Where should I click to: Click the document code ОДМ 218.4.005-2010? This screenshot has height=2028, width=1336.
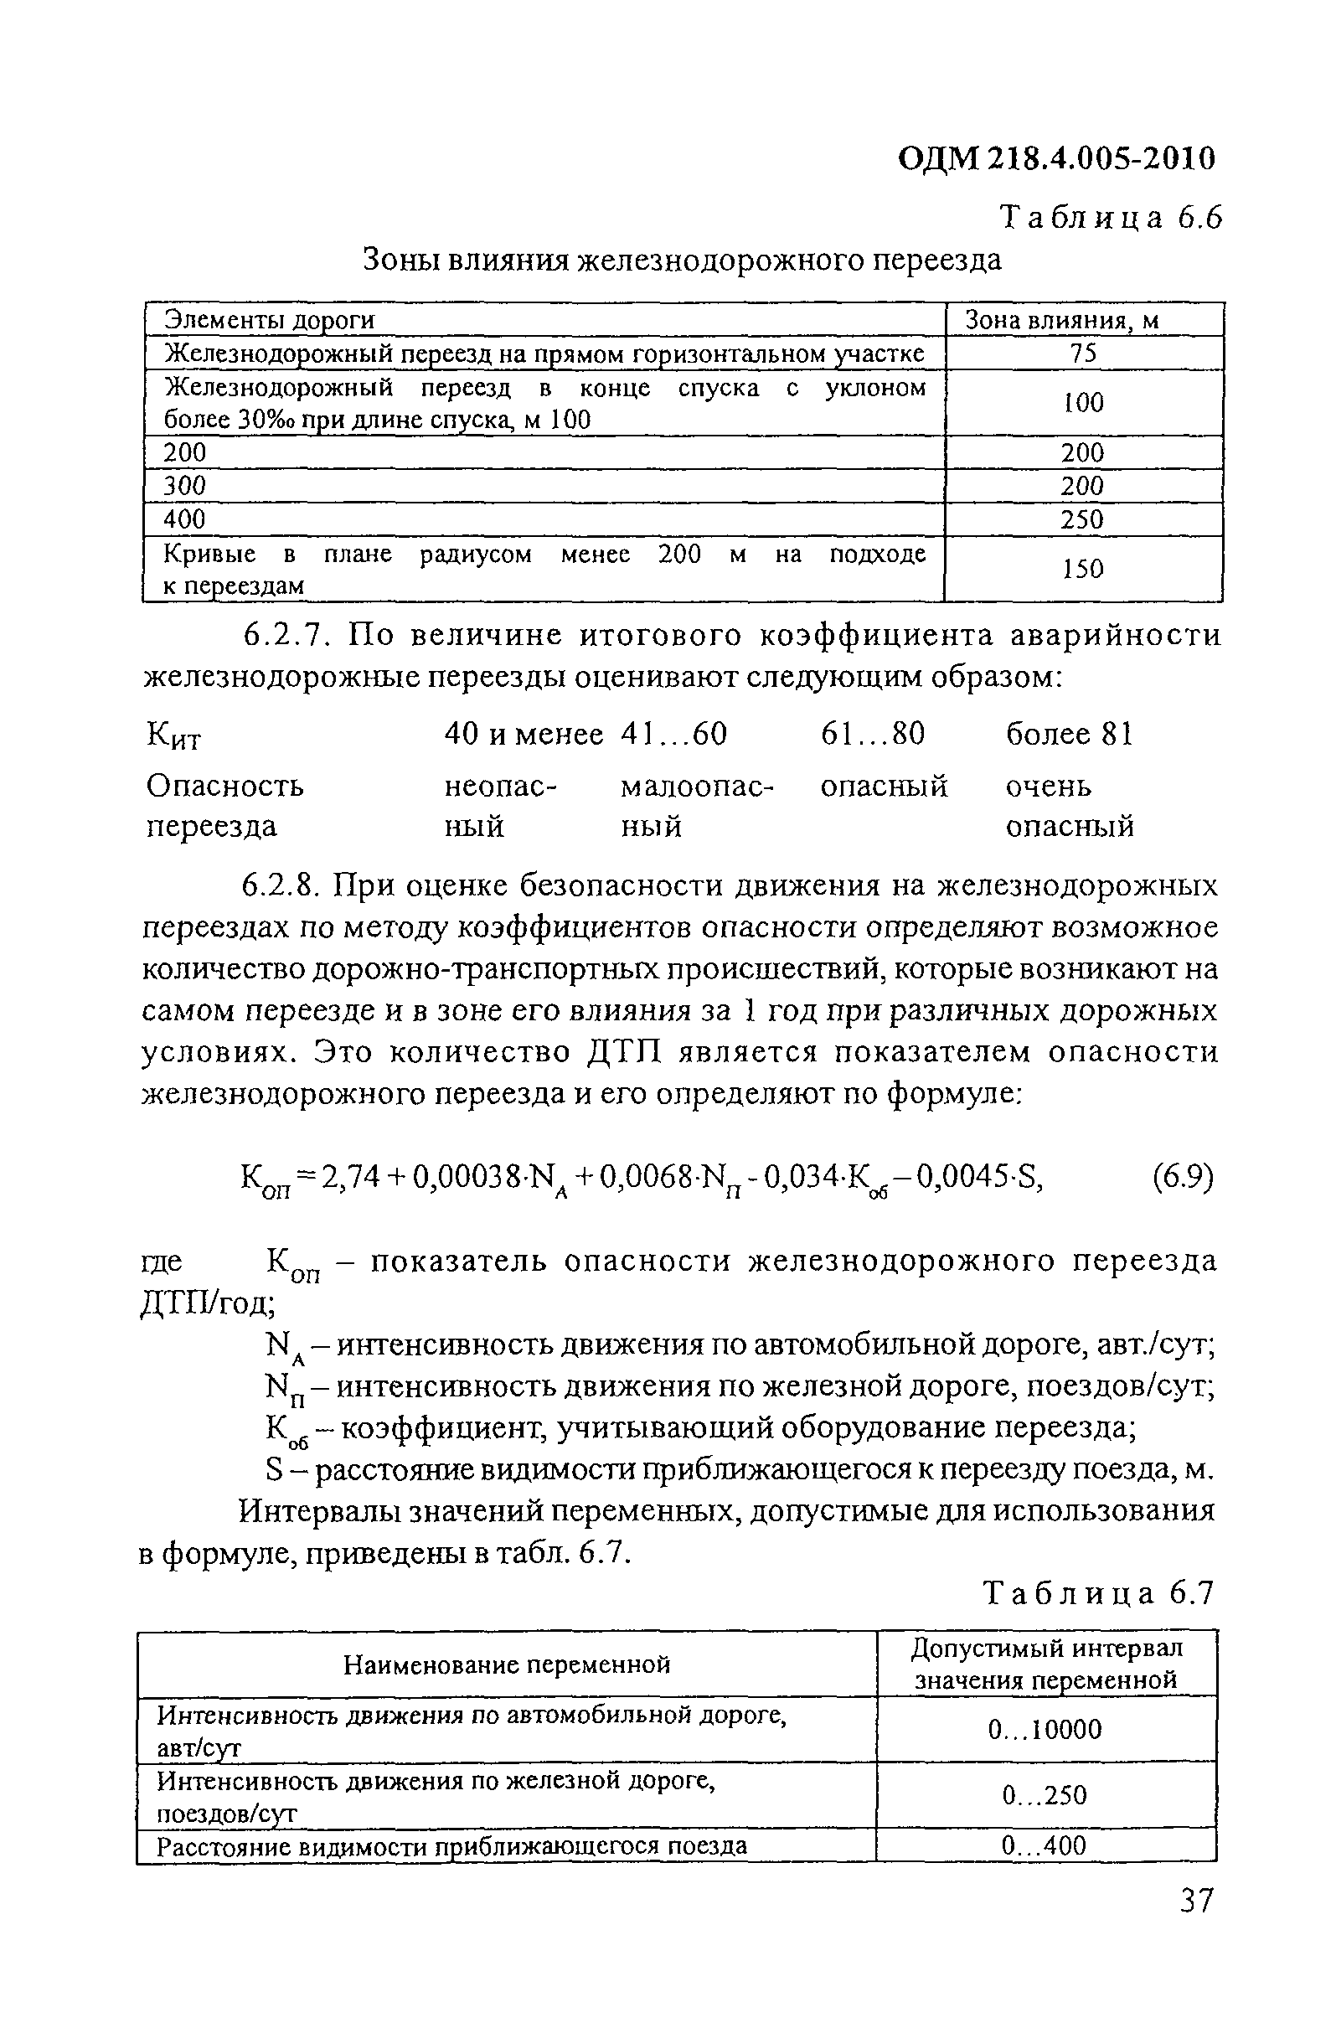[1056, 157]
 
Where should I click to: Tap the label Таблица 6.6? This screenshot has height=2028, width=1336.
[1111, 219]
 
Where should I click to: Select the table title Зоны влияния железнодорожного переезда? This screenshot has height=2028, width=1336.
[682, 259]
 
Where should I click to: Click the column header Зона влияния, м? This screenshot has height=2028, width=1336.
[1060, 320]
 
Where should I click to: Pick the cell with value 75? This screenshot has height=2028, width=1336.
[1083, 353]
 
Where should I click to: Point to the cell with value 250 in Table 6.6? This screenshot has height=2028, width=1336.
[1082, 519]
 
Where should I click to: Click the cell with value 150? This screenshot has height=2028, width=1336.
[1083, 568]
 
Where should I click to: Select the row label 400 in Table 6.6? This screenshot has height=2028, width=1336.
[185, 519]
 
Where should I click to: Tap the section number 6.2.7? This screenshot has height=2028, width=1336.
[286, 636]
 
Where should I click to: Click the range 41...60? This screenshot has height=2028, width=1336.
[674, 734]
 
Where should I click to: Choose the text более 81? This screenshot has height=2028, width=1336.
[1070, 734]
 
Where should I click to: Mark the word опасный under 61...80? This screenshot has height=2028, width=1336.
[884, 785]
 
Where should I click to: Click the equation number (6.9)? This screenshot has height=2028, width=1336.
[1182, 1178]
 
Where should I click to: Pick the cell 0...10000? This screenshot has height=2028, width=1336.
[1045, 1729]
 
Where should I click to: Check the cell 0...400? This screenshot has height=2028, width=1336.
[1045, 1845]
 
